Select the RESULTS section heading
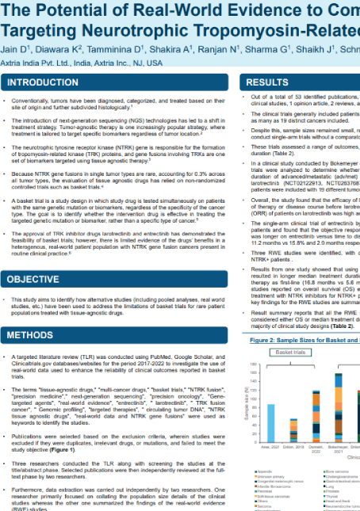266,82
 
